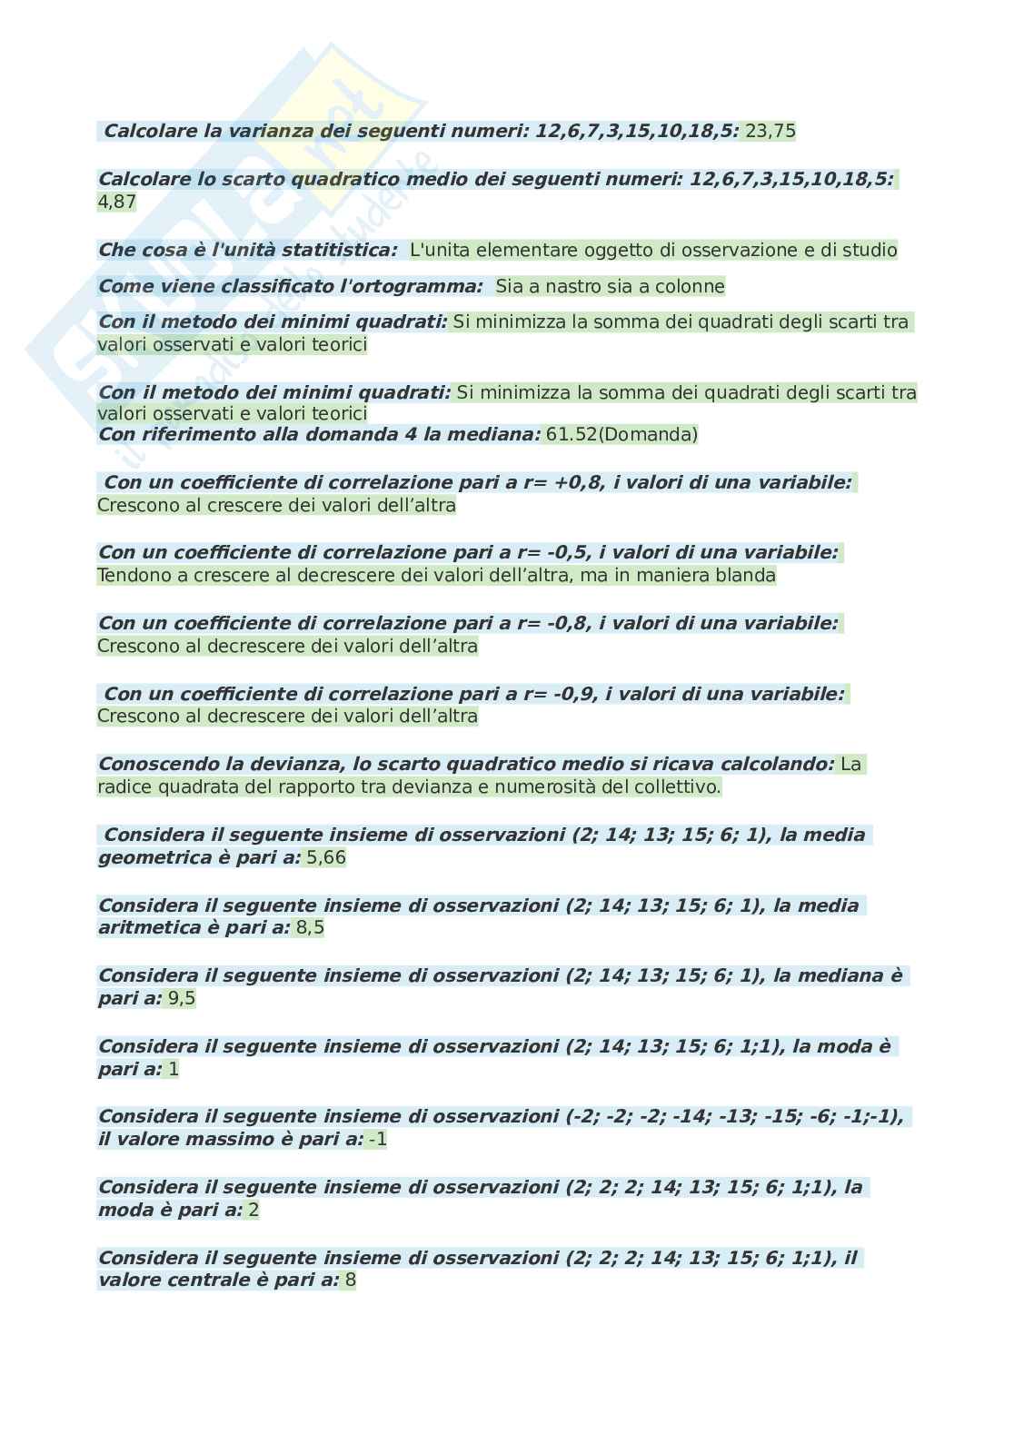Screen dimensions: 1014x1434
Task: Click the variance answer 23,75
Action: pos(770,132)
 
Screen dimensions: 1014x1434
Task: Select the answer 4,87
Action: pos(116,202)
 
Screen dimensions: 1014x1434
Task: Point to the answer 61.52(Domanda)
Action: pos(621,435)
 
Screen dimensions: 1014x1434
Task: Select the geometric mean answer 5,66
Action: pos(326,858)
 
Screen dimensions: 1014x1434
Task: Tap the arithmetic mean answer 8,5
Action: pos(310,928)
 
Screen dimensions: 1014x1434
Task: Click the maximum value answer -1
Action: pos(377,1140)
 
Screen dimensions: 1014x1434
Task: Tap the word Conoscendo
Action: pos(154,765)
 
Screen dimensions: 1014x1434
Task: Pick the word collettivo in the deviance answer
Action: pos(680,787)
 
